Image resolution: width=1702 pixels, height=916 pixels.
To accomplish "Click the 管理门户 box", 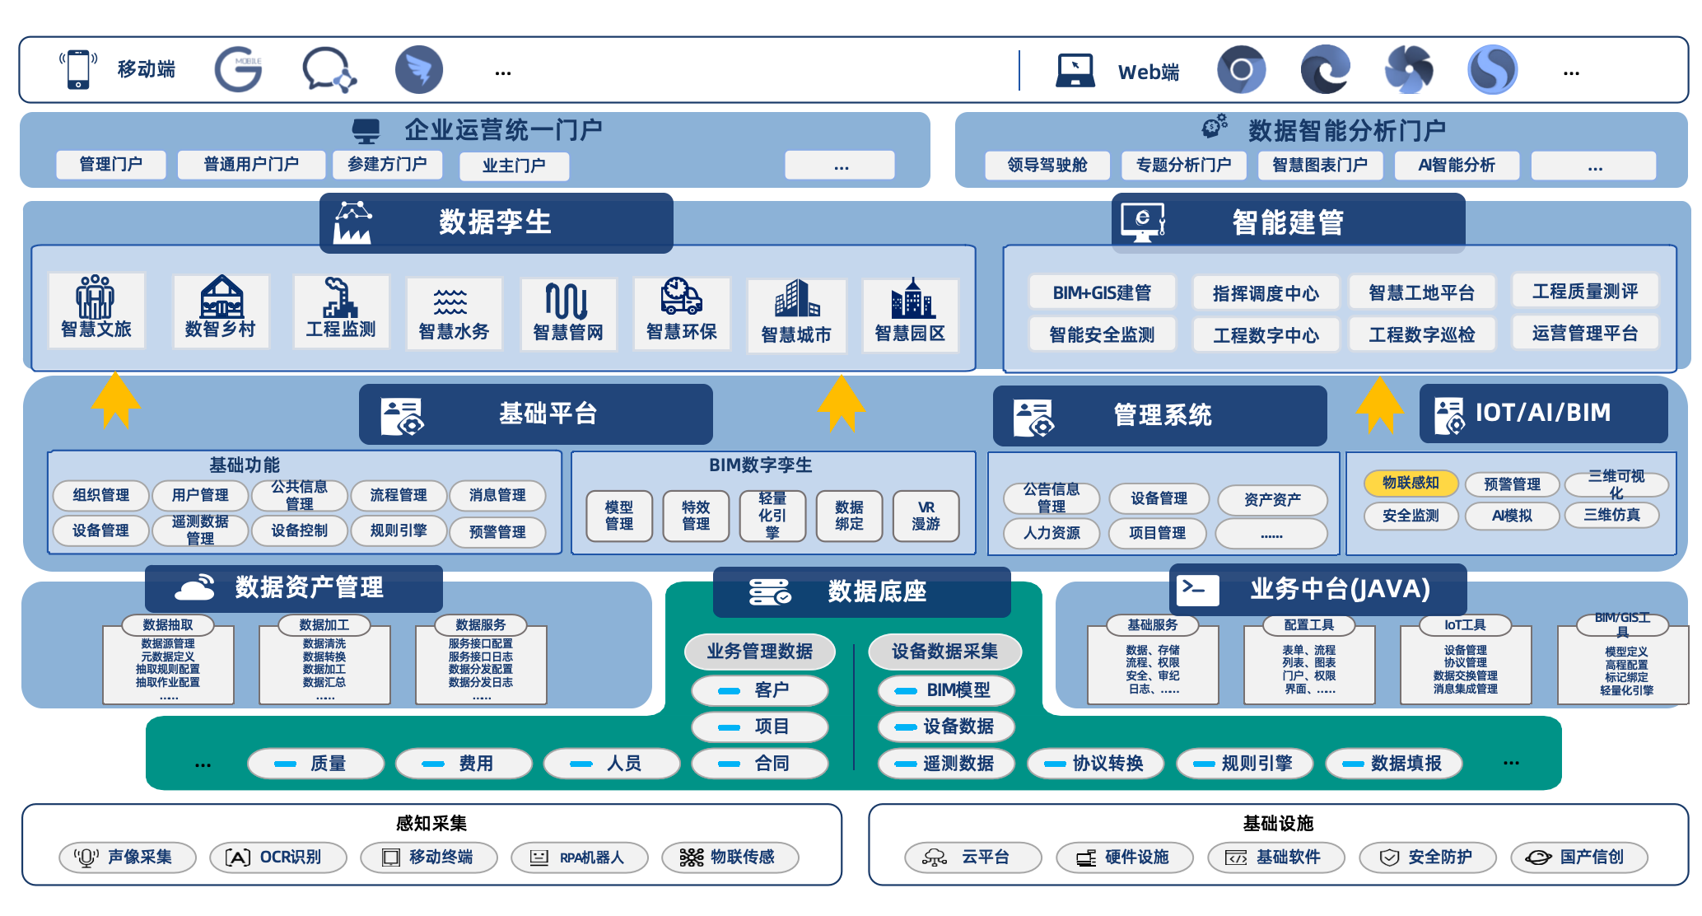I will pyautogui.click(x=111, y=165).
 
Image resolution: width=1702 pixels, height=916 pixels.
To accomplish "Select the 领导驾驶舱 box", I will pyautogui.click(x=1047, y=166).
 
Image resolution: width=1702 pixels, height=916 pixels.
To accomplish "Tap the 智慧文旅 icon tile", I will pyautogui.click(x=96, y=309).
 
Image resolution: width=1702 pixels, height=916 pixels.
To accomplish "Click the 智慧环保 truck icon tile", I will pyautogui.click(x=681, y=312).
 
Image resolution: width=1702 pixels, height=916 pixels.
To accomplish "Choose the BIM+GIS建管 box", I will pyautogui.click(x=1102, y=292).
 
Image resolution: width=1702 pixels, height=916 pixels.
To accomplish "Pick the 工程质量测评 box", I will pyautogui.click(x=1584, y=291).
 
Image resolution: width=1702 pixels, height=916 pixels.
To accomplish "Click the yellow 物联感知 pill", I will pyautogui.click(x=1411, y=483).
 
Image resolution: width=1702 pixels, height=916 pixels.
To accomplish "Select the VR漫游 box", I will pyautogui.click(x=926, y=516).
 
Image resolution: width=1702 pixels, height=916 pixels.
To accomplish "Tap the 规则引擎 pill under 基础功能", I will pyautogui.click(x=399, y=530).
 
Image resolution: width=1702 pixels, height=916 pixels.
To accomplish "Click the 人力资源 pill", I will pyautogui.click(x=1052, y=533).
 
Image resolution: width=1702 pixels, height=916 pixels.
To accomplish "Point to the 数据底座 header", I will pyautogui.click(x=861, y=591).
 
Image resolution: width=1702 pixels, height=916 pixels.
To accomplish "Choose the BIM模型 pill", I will pyautogui.click(x=946, y=690).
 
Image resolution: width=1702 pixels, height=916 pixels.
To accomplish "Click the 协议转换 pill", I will pyautogui.click(x=1096, y=764).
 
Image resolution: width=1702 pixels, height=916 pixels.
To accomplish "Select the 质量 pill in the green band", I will pyautogui.click(x=315, y=764).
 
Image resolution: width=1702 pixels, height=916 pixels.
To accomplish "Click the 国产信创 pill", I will pyautogui.click(x=1578, y=858).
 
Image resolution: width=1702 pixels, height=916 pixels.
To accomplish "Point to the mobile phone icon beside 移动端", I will pyautogui.click(x=78, y=69).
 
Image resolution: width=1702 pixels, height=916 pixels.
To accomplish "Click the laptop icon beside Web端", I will pyautogui.click(x=1075, y=71).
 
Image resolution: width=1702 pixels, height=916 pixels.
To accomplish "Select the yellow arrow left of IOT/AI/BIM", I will pyautogui.click(x=1379, y=404).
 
